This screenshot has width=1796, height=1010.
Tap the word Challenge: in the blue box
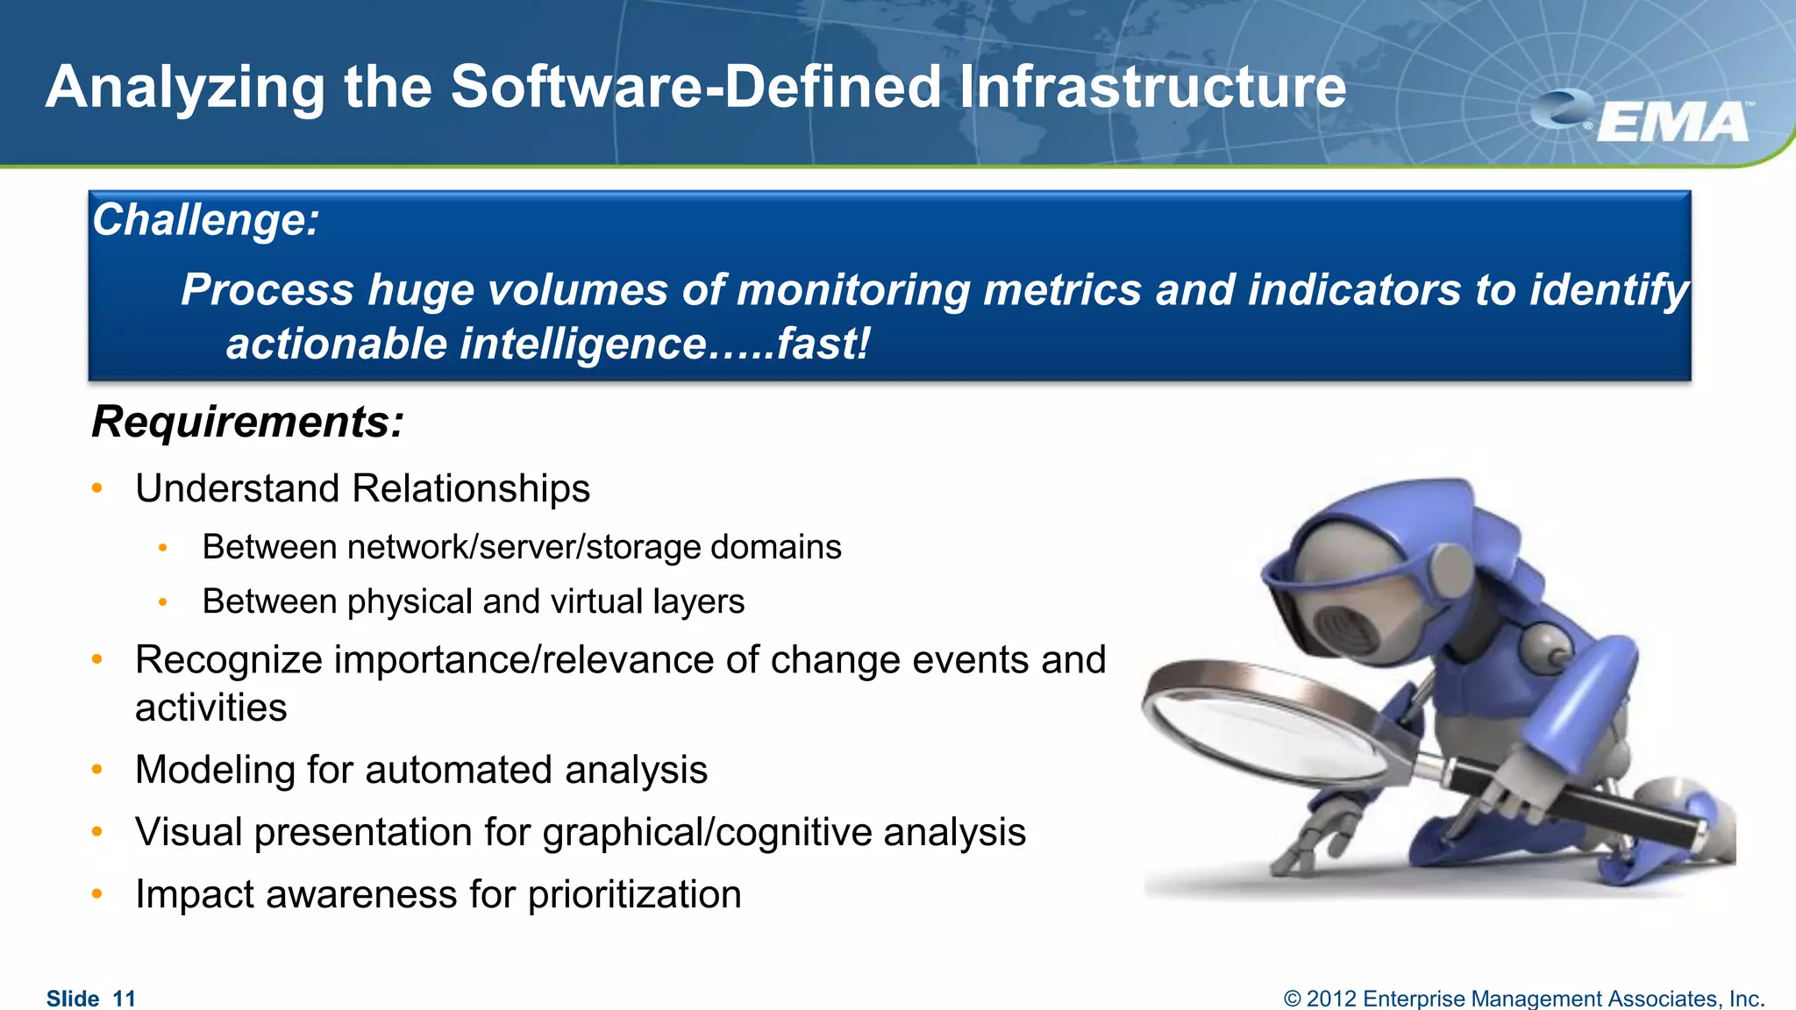pyautogui.click(x=206, y=219)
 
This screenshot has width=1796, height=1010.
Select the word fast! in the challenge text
pyautogui.click(x=823, y=344)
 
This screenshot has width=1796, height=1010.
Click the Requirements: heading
pyautogui.click(x=248, y=422)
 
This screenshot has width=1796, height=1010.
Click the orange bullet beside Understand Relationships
pyautogui.click(x=97, y=488)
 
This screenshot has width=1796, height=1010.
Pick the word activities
pyautogui.click(x=210, y=708)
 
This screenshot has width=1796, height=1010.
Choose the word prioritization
pyautogui.click(x=634, y=894)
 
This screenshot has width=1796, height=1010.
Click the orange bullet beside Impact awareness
pyautogui.click(x=97, y=894)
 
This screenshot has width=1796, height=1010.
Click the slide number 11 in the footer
pyautogui.click(x=125, y=999)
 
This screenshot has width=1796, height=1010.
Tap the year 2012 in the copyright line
pyautogui.click(x=1333, y=999)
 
